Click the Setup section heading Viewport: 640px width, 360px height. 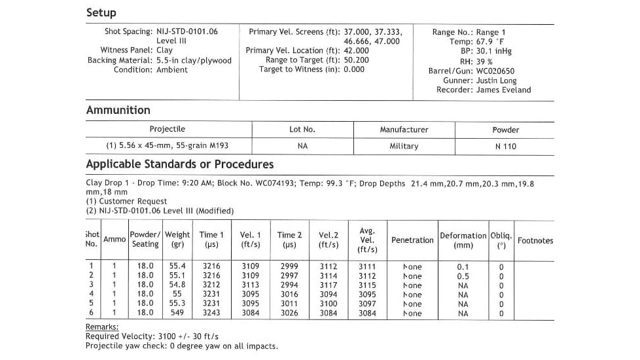tap(101, 12)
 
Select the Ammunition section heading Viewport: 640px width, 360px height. tap(118, 110)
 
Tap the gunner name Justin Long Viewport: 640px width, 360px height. tap(497, 81)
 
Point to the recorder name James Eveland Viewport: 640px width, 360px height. tap(503, 90)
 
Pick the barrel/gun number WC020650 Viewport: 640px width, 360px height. tap(495, 71)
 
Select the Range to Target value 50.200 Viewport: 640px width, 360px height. tap(357, 60)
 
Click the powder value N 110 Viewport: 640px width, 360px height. tap(505, 146)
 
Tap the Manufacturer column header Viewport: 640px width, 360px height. tap(404, 130)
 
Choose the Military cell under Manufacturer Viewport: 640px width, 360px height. tap(404, 146)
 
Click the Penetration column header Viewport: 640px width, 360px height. tap(412, 240)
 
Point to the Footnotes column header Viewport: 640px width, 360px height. tap(535, 240)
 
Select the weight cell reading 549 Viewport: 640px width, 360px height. tap(177, 314)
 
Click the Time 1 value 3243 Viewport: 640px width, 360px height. tap(211, 314)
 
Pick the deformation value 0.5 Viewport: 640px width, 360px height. tap(463, 276)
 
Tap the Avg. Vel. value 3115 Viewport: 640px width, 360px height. tap(367, 285)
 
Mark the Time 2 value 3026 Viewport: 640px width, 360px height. tap(289, 314)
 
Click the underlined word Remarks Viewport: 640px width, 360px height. tap(102, 327)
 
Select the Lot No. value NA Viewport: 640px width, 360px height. tap(302, 146)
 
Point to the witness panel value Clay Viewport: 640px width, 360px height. tap(165, 50)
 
